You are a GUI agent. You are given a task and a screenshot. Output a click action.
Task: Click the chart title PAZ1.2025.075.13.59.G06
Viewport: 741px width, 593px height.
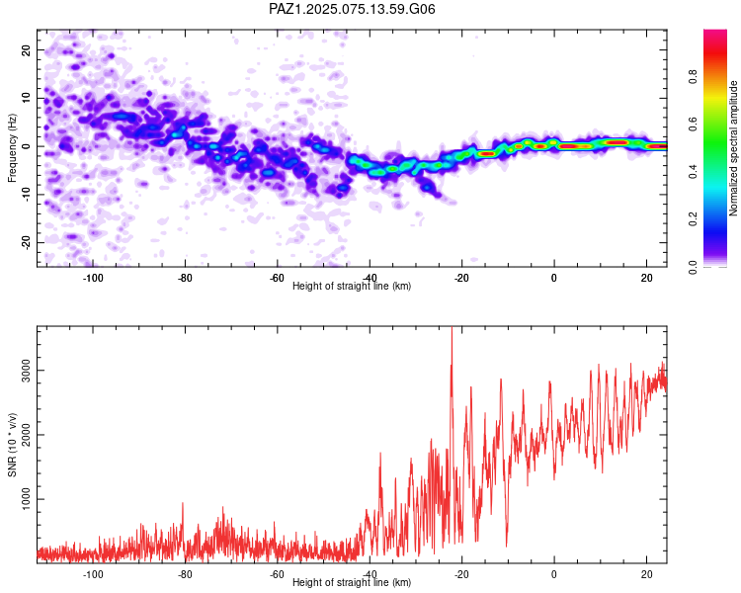click(x=352, y=9)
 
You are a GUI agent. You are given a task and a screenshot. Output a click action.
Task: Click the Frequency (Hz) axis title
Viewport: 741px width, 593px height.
click(x=12, y=148)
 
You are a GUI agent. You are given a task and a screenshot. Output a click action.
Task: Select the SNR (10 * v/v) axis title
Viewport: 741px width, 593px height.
click(x=12, y=445)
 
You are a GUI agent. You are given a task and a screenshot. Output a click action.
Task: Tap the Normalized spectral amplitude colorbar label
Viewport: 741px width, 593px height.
click(x=733, y=148)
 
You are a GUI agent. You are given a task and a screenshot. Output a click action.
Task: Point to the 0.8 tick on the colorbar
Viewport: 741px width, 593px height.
click(x=693, y=76)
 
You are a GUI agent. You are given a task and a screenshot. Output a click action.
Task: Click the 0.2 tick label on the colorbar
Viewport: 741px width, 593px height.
click(x=693, y=219)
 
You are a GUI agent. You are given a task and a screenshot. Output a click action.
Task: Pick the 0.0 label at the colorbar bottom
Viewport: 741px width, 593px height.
click(x=693, y=267)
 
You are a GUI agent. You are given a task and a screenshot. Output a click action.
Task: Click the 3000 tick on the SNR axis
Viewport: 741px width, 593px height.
click(x=26, y=371)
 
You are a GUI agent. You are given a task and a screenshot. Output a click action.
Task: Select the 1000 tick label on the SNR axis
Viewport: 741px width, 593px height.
click(x=26, y=499)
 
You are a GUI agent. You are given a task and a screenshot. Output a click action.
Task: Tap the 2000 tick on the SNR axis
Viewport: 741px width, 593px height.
click(x=26, y=435)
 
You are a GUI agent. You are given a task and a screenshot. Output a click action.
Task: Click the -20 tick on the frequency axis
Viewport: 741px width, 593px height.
click(x=26, y=242)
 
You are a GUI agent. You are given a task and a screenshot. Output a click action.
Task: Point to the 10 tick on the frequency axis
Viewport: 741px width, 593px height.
click(x=26, y=98)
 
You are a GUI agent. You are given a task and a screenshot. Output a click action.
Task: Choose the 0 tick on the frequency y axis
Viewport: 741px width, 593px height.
click(x=26, y=146)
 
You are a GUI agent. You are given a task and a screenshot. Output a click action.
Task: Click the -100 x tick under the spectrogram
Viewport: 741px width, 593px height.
click(x=93, y=278)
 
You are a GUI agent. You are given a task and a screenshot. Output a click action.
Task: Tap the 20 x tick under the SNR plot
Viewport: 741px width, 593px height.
click(x=646, y=574)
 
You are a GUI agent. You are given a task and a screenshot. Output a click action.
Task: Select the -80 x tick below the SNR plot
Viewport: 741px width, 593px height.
click(x=185, y=574)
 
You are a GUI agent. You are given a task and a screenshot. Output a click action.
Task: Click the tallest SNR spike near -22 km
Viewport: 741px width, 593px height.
click(x=452, y=328)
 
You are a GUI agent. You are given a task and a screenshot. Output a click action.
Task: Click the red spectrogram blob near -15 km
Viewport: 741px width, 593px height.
click(x=487, y=154)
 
